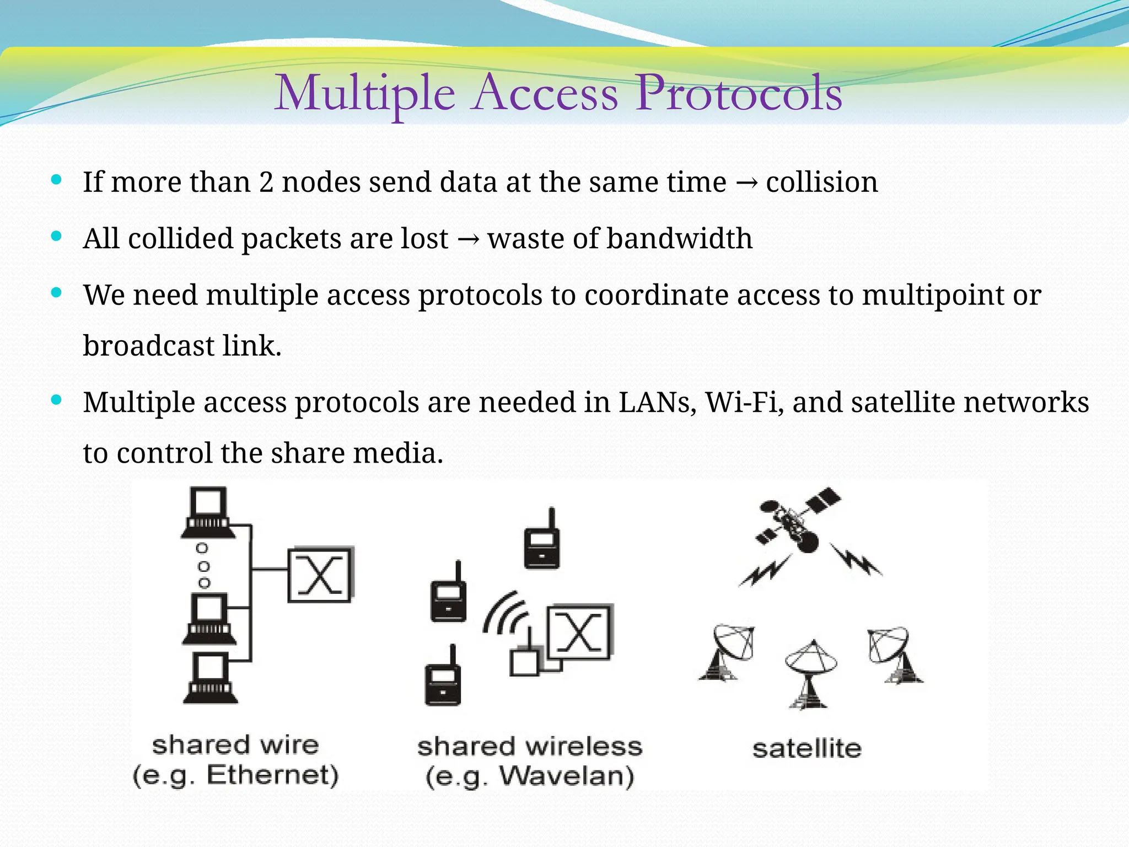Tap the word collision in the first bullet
tap(821, 182)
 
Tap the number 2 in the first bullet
tap(266, 183)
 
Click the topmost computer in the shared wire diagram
tap(208, 513)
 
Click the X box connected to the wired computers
tap(320, 575)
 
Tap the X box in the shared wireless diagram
tap(579, 633)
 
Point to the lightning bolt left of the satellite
tap(766, 571)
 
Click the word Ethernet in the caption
tap(272, 775)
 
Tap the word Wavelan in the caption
tap(566, 776)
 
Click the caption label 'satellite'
tap(807, 749)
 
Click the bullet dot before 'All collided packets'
tap(56, 237)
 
